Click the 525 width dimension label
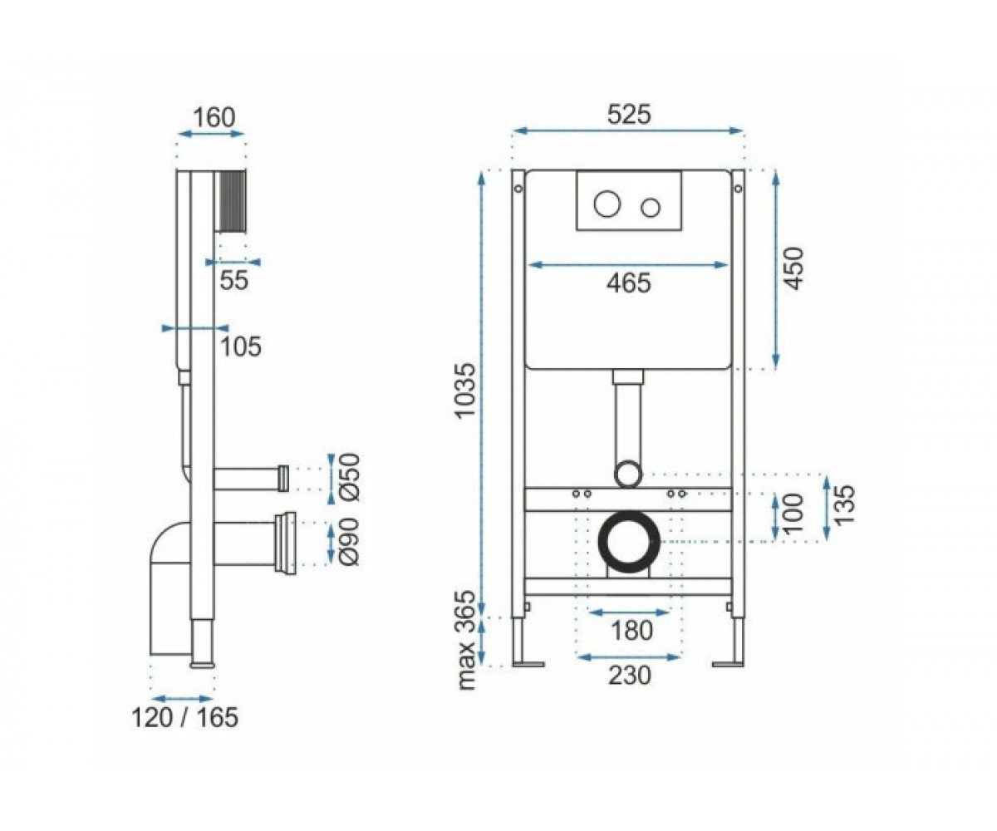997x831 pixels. tap(629, 116)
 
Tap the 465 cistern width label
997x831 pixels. tap(628, 283)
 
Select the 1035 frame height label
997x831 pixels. tap(465, 391)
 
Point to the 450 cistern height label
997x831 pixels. tap(793, 268)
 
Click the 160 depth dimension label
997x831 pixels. tap(214, 117)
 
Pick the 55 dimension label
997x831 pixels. tap(234, 280)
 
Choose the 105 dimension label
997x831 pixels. tap(240, 347)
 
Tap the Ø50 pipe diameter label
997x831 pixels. tap(350, 477)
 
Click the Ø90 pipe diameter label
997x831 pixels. tap(350, 542)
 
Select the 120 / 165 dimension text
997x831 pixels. tap(184, 717)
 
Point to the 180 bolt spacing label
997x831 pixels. tap(631, 631)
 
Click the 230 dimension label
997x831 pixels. tap(630, 676)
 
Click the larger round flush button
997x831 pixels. tap(607, 204)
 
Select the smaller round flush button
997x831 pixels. tap(651, 207)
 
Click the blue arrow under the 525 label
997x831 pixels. tap(628, 130)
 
